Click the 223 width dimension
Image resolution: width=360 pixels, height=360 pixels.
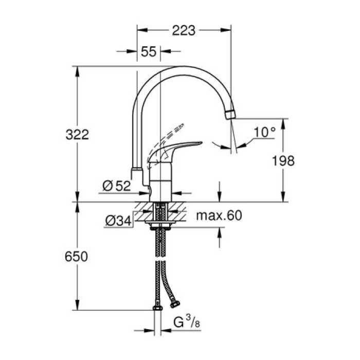coord(184,30)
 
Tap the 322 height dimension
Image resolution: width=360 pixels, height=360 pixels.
coord(78,135)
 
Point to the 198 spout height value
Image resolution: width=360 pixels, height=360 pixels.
coord(283,160)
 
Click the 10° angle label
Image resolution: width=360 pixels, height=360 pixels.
coord(264,132)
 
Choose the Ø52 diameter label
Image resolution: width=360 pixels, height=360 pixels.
coord(116,186)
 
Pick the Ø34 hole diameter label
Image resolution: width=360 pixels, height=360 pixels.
coord(118,221)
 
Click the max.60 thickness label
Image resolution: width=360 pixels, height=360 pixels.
coord(219,216)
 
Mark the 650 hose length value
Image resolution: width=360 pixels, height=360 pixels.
coord(77,256)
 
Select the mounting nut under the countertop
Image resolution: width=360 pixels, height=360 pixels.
coord(160,223)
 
